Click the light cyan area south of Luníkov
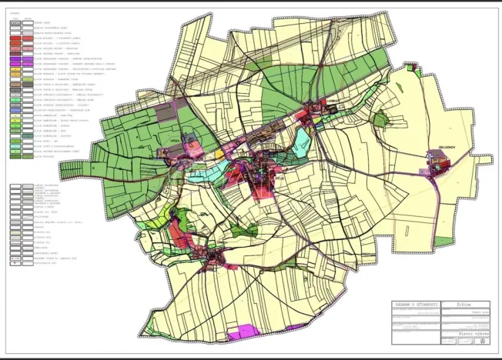[302, 139]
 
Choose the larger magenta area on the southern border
[245, 331]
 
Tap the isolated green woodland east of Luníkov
[379, 119]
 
